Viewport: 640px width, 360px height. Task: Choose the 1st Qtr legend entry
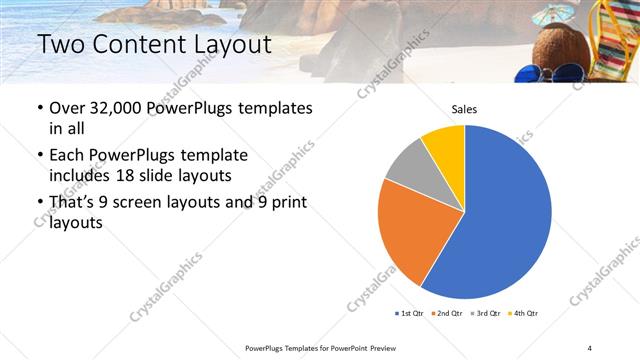pyautogui.click(x=409, y=314)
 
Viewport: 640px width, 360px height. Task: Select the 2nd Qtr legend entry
pyautogui.click(x=445, y=314)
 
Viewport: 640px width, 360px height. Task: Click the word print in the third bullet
pyautogui.click(x=285, y=203)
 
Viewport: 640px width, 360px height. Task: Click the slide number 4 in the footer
pyautogui.click(x=589, y=347)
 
